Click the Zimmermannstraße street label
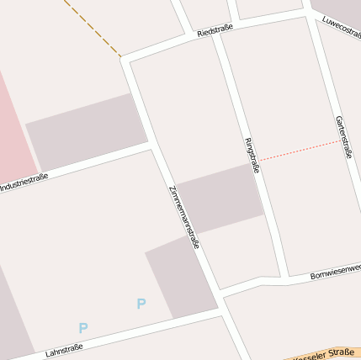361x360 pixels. point(184,217)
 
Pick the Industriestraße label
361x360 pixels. point(24,181)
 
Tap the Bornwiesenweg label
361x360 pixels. point(335,272)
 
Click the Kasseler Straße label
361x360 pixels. point(325,354)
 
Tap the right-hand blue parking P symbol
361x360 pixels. point(141,304)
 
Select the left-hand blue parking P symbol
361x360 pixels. point(82,328)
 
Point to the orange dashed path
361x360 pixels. point(93,29)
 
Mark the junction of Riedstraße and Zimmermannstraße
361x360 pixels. point(127,59)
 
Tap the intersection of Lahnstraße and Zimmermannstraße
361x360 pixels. point(224,313)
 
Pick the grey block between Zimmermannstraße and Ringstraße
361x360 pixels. point(219,199)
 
